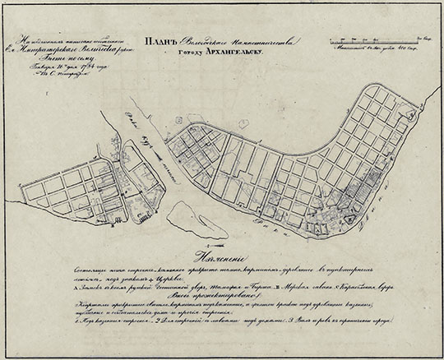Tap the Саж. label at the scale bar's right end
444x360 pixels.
coord(425,37)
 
